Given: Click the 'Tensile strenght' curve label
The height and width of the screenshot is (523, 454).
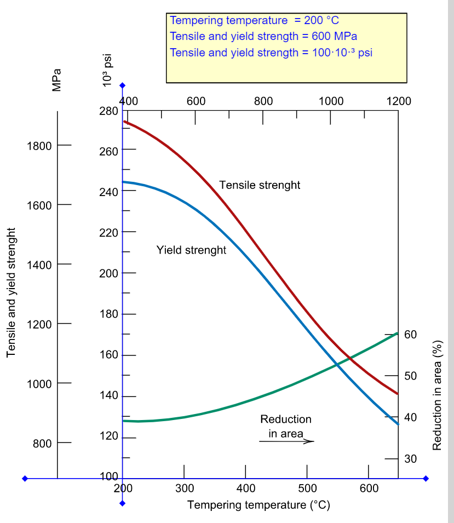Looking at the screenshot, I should (x=260, y=185).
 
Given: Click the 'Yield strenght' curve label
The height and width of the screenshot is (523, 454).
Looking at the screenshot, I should (x=191, y=250).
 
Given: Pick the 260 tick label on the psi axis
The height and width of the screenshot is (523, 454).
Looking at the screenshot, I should (x=109, y=152).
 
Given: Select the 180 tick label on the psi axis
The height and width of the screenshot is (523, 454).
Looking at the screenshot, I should (x=109, y=315).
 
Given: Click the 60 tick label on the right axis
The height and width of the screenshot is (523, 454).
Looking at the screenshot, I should (x=410, y=335).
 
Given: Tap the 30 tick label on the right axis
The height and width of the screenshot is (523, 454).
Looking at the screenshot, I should (x=410, y=459).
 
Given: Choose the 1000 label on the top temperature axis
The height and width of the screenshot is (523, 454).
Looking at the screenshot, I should (x=331, y=101).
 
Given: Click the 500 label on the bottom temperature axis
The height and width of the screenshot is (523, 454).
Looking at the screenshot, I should (x=307, y=488).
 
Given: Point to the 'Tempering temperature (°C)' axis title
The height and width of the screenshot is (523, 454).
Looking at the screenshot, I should (x=258, y=504).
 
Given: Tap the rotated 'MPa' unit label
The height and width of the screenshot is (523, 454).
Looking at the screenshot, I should (x=56, y=80).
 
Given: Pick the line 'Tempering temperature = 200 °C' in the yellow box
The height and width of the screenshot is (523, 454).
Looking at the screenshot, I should (x=254, y=21).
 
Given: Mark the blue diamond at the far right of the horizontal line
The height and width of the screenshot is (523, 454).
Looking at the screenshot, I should (x=426, y=479).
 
